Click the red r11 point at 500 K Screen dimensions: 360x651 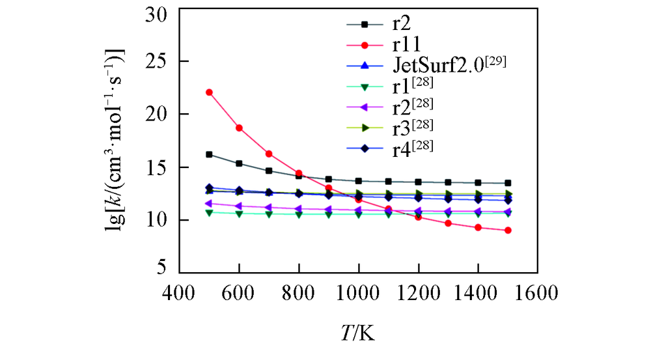coord(209,92)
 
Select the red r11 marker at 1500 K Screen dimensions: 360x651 coord(508,230)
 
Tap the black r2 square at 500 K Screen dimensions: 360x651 coord(209,154)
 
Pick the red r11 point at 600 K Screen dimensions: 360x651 coord(239,128)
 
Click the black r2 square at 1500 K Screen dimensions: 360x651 coord(508,183)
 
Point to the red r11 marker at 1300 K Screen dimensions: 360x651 coord(448,223)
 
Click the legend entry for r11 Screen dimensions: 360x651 coord(404,45)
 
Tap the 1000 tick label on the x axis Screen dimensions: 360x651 coord(358,293)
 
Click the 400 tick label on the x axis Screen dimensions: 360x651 coord(180,293)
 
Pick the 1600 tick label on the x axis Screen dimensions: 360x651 coord(537,293)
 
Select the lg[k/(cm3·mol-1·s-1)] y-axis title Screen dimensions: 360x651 coord(118,141)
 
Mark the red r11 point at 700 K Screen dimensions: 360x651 coord(269,154)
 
